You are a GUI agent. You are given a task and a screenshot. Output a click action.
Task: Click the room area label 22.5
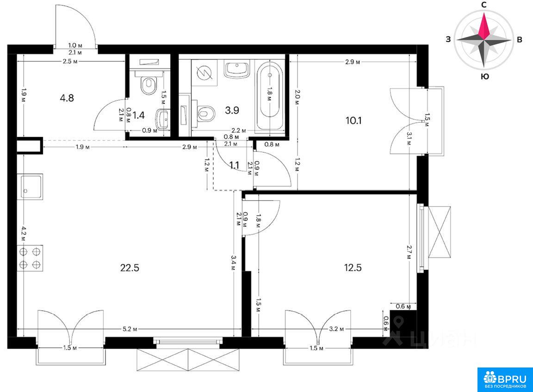pyautogui.click(x=130, y=268)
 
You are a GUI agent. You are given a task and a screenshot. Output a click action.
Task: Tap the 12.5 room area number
pyautogui.click(x=353, y=268)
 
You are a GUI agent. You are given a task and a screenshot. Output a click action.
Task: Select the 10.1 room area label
pyautogui.click(x=353, y=120)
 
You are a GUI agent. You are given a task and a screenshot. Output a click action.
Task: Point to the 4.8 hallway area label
pyautogui.click(x=67, y=98)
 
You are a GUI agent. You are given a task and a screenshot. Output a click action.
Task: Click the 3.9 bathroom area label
pyautogui.click(x=232, y=110)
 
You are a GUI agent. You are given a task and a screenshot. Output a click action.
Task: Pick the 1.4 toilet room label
pyautogui.click(x=138, y=115)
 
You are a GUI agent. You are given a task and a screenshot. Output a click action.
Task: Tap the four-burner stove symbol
pyautogui.click(x=30, y=258)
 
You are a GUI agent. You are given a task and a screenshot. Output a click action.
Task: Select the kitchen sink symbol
pyautogui.click(x=30, y=187)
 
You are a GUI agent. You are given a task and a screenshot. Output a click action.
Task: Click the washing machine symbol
pyautogui.click(x=205, y=73)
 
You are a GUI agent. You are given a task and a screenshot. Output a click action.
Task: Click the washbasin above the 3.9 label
pyautogui.click(x=237, y=69)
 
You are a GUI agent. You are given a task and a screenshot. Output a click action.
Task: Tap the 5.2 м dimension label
pyautogui.click(x=130, y=329)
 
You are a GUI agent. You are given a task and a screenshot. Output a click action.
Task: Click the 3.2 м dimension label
pyautogui.click(x=336, y=329)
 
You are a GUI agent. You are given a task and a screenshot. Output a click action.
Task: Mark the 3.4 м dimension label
pyautogui.click(x=233, y=263)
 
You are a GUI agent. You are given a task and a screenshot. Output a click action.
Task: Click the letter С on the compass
pyautogui.click(x=483, y=5)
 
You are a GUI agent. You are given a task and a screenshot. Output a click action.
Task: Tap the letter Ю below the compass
pyautogui.click(x=485, y=76)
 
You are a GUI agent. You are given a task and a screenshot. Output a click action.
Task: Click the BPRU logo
pyautogui.click(x=505, y=380)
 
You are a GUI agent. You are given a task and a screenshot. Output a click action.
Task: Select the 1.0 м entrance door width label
pyautogui.click(x=75, y=45)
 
